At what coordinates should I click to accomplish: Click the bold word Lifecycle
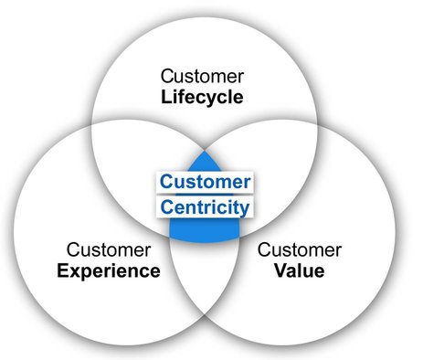(203, 96)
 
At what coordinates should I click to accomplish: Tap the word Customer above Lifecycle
(203, 74)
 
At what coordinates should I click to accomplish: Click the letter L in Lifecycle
(166, 96)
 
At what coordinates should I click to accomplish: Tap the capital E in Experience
(61, 270)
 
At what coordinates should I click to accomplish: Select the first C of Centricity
(166, 206)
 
